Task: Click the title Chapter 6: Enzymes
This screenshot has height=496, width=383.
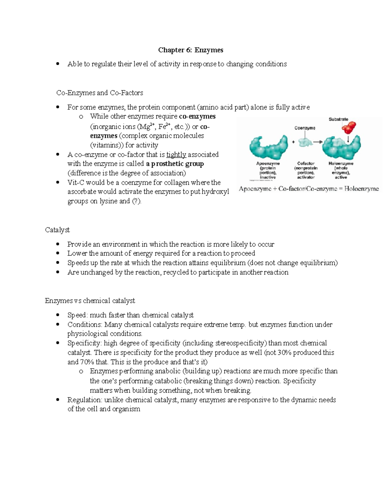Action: coord(191,50)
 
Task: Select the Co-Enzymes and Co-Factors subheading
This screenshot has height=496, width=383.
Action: coord(100,93)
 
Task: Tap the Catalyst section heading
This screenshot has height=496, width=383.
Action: coord(57,230)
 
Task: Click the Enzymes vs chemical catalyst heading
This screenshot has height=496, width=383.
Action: coord(90,301)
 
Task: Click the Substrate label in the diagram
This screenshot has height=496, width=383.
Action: coord(338,119)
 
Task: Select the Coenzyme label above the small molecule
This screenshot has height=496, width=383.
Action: coord(304,128)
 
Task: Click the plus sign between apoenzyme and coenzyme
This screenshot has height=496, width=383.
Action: coord(293,142)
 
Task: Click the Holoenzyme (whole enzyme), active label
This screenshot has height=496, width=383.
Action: coord(341,170)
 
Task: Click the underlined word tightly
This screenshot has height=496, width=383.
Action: coord(176,155)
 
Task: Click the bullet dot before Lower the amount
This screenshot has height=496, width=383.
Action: coord(58,254)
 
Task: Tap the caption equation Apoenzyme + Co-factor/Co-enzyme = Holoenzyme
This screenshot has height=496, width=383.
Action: coord(309,189)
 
